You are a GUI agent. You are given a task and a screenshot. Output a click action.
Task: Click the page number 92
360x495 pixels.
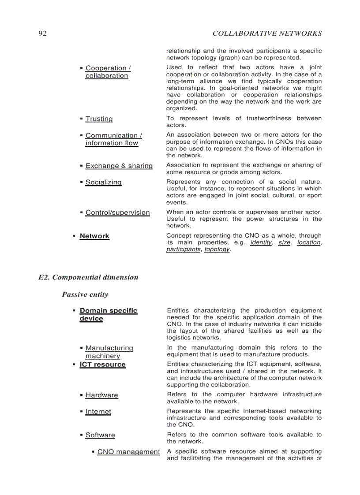[x=42, y=33]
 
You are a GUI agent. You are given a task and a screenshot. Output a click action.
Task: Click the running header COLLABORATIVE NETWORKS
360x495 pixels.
[x=267, y=33]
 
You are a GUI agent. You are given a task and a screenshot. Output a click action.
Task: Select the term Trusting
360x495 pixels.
[x=99, y=119]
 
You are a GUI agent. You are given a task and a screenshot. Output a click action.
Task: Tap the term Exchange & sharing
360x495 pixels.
[x=119, y=166]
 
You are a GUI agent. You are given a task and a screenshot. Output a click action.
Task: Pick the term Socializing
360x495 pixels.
[x=103, y=182]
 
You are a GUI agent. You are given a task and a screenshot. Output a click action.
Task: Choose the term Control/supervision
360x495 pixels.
[x=117, y=212]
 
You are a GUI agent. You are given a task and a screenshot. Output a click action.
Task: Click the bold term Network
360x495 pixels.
[x=94, y=236]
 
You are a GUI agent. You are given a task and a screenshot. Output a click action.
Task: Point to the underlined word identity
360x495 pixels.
[x=260, y=242]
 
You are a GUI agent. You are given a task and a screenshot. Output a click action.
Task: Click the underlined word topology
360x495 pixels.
[x=217, y=249]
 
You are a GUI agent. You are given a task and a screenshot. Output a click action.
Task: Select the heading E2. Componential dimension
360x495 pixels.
[x=88, y=277]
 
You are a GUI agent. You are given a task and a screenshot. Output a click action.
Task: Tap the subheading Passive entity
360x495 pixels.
[x=85, y=294]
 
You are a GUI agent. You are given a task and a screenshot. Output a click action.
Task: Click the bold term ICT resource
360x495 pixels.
[x=102, y=365]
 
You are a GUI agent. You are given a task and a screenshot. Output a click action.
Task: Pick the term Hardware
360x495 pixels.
[x=101, y=395]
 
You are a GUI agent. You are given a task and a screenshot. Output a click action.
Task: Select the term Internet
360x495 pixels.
[x=98, y=412]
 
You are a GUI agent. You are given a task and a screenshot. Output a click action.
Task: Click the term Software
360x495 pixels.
[x=100, y=435]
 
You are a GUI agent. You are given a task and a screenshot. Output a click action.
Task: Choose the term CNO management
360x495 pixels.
[x=128, y=452]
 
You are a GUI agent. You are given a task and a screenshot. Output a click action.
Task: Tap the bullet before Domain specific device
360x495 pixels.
[x=74, y=311]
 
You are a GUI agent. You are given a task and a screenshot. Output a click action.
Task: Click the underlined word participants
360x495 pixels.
[x=183, y=249]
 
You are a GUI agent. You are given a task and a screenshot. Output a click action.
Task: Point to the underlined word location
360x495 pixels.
[x=308, y=242]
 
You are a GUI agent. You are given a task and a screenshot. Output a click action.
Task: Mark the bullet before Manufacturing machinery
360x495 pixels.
[x=82, y=348]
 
